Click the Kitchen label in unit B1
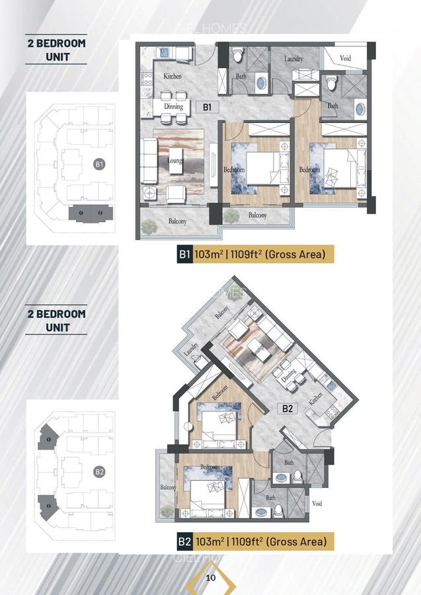[172, 77]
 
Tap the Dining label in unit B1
[173, 106]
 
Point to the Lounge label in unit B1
[175, 159]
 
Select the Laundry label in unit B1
[293, 59]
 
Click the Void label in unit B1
[346, 58]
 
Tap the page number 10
[211, 577]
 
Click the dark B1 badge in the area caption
[184, 254]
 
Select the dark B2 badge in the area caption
[184, 542]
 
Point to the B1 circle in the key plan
[99, 164]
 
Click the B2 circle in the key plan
[99, 472]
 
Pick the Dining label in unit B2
[289, 376]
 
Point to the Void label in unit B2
[317, 503]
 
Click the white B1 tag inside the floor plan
[207, 106]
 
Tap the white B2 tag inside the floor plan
[287, 409]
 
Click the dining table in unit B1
[173, 111]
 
